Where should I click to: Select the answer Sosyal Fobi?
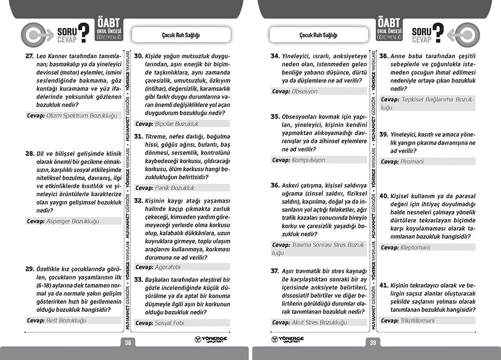click(x=169, y=323)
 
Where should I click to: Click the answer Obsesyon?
click(x=305, y=91)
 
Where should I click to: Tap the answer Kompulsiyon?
click(x=309, y=160)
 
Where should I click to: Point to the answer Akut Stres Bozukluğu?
click(x=320, y=322)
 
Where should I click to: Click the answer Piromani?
click(x=412, y=162)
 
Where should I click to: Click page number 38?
click(x=128, y=342)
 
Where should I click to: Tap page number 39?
click(x=372, y=342)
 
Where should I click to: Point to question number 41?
click(x=383, y=284)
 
